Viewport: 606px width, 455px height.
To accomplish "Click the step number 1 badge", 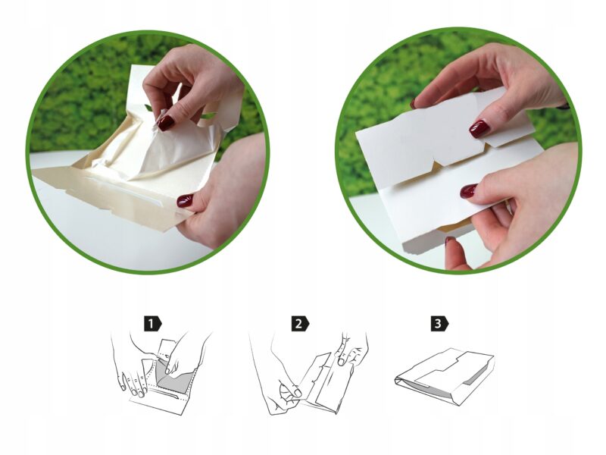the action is point(153,324).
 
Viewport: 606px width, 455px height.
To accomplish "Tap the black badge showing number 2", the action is point(300,324).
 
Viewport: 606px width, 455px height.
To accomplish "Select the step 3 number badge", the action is point(439,324).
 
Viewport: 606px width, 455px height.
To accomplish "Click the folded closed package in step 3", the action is point(445,376).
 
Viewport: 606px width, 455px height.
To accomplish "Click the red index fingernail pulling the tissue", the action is point(165,123).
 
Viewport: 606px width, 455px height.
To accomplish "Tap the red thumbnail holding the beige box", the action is point(185,201).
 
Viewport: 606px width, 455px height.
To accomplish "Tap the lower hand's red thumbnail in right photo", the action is point(468,191).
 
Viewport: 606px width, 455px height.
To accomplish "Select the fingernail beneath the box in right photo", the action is point(450,240).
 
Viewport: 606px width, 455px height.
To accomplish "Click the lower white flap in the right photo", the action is point(445,197).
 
